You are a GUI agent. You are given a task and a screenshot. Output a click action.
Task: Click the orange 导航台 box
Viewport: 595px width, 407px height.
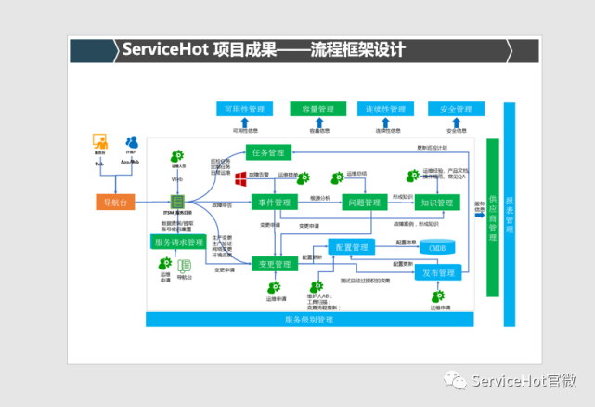[x=116, y=202]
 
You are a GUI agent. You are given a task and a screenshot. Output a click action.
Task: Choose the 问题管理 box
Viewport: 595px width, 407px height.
[x=362, y=202]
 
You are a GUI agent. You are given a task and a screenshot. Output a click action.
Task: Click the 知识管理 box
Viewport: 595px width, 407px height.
[x=435, y=202]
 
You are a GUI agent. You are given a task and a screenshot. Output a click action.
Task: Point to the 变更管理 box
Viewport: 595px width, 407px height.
[x=275, y=265]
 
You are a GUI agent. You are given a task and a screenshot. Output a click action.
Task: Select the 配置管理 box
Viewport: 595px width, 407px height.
[x=353, y=248]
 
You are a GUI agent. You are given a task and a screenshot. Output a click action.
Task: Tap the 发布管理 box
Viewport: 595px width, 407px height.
[x=438, y=273]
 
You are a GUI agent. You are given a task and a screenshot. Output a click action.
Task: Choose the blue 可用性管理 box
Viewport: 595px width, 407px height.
[x=244, y=109]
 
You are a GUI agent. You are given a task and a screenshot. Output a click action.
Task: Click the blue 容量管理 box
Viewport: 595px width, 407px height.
[x=317, y=109]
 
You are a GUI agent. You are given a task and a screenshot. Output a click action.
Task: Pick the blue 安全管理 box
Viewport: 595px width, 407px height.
[x=456, y=109]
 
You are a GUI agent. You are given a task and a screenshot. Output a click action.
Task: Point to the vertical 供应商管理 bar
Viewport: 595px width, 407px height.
[x=493, y=219]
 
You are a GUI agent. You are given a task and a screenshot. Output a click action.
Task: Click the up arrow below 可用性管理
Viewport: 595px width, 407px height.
[x=244, y=123]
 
